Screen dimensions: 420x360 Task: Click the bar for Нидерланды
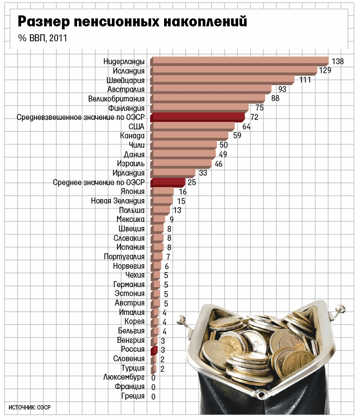[239, 61]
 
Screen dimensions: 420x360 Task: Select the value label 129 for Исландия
[325, 71]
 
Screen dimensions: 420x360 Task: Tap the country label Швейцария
[125, 80]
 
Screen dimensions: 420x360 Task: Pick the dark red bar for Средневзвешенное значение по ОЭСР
[197, 117]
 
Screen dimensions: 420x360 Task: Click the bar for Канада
[189, 135]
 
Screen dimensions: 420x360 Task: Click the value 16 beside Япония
[182, 192]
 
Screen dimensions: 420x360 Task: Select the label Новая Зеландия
[118, 201]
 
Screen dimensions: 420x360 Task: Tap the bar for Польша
[160, 210]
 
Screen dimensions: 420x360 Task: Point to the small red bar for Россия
[154, 350]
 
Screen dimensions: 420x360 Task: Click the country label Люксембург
[124, 378]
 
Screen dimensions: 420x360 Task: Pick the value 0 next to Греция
[153, 397]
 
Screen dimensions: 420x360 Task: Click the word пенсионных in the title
[119, 22]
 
